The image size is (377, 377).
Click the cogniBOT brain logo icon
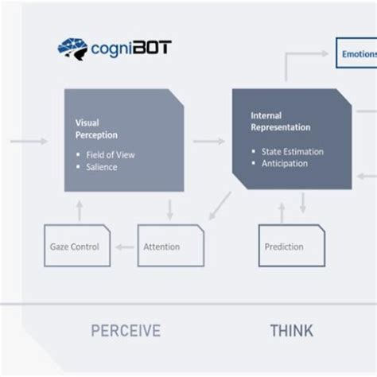(72, 49)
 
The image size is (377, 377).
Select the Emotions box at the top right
(356, 54)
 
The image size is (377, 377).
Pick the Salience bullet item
(102, 166)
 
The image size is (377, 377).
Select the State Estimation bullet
(290, 151)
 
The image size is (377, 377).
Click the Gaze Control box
(73, 247)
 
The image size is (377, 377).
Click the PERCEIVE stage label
(125, 331)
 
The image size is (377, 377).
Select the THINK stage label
(291, 331)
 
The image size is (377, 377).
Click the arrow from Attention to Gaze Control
(122, 247)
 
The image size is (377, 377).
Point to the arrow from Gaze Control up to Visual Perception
(78, 209)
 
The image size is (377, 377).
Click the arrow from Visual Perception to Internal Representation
(208, 142)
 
